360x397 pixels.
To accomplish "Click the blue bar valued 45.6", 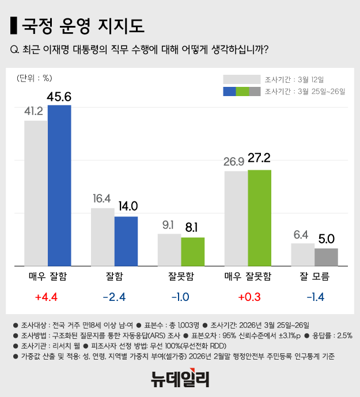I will (x=59, y=185).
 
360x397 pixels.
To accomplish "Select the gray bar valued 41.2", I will (x=36, y=193).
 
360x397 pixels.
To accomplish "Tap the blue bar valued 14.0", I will (x=126, y=241).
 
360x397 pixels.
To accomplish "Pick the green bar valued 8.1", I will (x=193, y=251).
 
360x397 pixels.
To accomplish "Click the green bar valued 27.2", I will (x=260, y=218).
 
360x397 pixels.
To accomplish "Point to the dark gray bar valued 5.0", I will (x=326, y=257).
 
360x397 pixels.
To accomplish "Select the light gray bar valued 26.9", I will (x=236, y=219).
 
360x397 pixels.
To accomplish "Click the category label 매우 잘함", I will (x=48, y=277).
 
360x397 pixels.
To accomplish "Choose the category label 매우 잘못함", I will (x=248, y=277).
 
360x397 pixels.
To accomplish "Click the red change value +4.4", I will (x=48, y=297).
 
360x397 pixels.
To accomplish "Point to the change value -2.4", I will (x=114, y=297).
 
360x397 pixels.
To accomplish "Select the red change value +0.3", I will (x=248, y=297).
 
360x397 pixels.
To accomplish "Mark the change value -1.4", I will (x=314, y=297).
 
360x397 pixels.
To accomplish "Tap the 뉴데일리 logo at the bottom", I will (x=180, y=379).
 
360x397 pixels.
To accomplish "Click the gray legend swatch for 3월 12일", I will (x=241, y=79).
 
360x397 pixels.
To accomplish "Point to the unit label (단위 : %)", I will (x=35, y=78).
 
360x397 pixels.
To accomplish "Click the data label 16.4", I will (x=103, y=199).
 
